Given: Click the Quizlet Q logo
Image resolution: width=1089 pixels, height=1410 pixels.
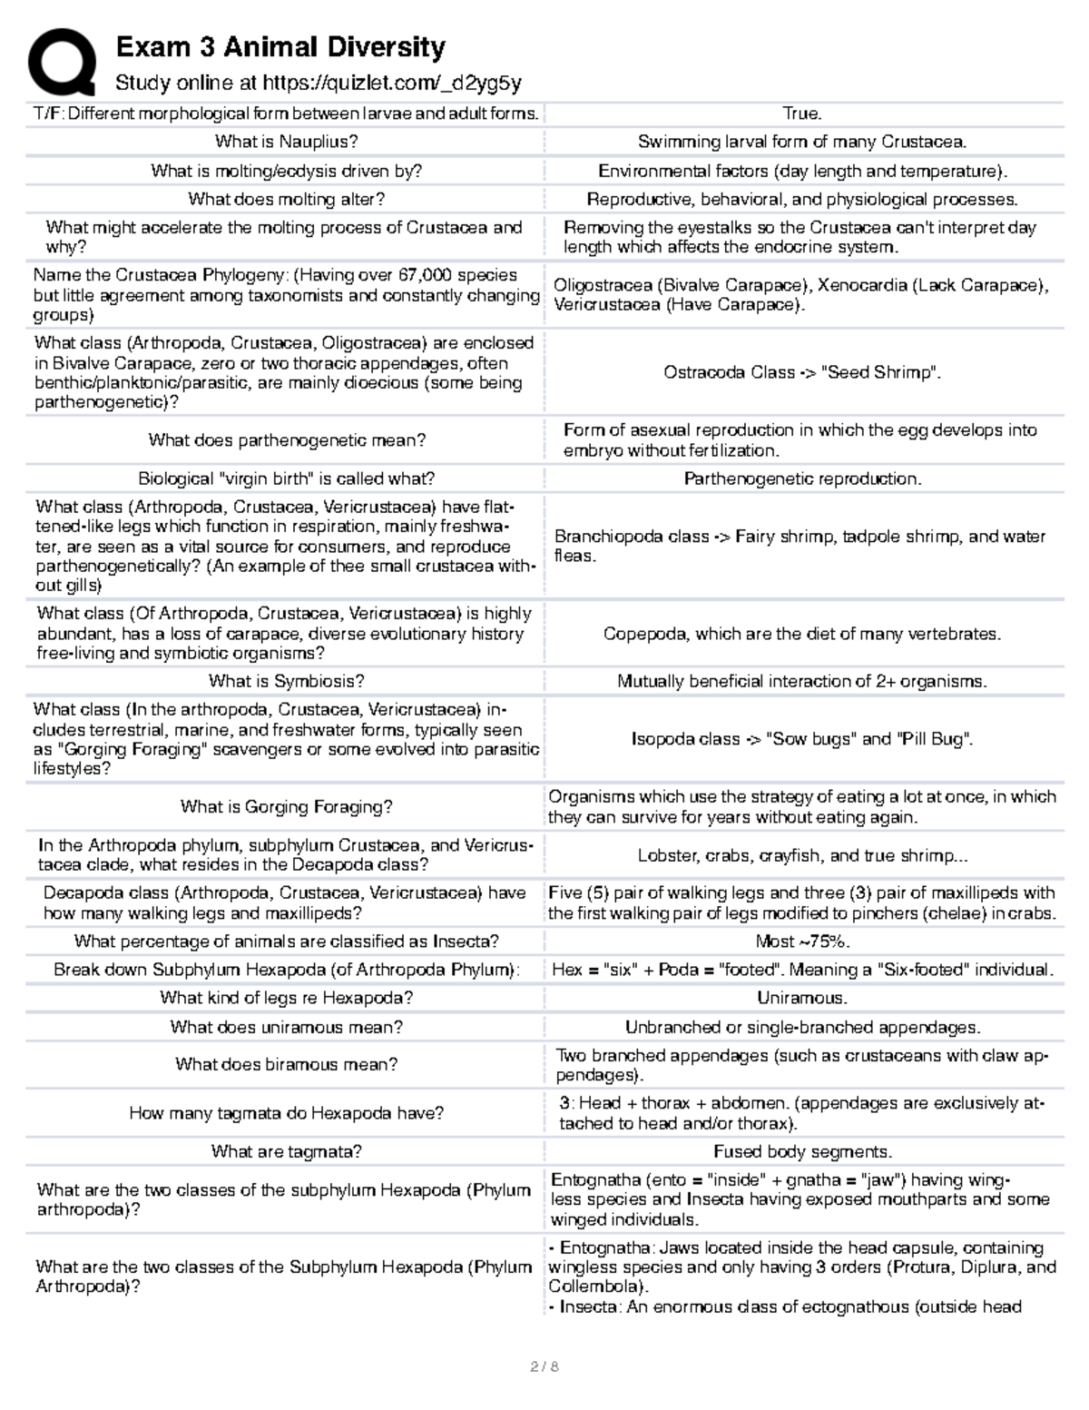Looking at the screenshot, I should pos(61,61).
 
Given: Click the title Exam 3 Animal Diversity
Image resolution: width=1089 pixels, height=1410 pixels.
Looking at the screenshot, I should pos(280,47).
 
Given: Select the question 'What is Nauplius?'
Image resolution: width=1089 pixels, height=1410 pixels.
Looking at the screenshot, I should pos(286,142).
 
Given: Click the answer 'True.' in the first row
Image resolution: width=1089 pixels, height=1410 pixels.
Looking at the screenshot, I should pos(802,113).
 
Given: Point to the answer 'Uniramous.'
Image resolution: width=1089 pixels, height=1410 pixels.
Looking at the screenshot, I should pos(802,999).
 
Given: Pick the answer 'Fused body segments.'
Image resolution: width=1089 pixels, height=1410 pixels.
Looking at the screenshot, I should pos(802,1152).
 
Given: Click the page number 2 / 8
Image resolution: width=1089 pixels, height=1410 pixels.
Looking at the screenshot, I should pos(544,1366).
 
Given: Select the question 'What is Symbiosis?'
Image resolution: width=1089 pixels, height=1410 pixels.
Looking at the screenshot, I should pos(286,682).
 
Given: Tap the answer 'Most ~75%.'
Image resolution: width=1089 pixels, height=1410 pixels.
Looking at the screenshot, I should pos(802,942).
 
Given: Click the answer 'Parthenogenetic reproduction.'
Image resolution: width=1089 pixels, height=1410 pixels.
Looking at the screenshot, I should pos(802,479).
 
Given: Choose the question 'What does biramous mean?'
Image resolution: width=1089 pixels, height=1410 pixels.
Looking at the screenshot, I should pos(286,1065).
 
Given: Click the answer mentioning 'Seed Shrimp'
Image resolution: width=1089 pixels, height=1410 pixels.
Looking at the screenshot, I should pos(802,372).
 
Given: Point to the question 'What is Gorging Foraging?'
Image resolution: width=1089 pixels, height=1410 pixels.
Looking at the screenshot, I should pos(286,807).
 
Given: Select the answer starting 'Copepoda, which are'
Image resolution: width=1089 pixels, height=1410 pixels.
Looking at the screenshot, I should pos(802,635).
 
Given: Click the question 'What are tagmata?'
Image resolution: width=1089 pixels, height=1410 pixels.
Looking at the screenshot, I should pos(286,1152).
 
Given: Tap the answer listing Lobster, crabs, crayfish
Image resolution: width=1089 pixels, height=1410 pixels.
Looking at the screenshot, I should pos(802,856).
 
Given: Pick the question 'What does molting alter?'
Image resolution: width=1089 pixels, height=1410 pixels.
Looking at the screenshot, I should pos(286,200).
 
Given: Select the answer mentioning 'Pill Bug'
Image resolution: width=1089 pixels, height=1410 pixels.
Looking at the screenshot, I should pos(802,740).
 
